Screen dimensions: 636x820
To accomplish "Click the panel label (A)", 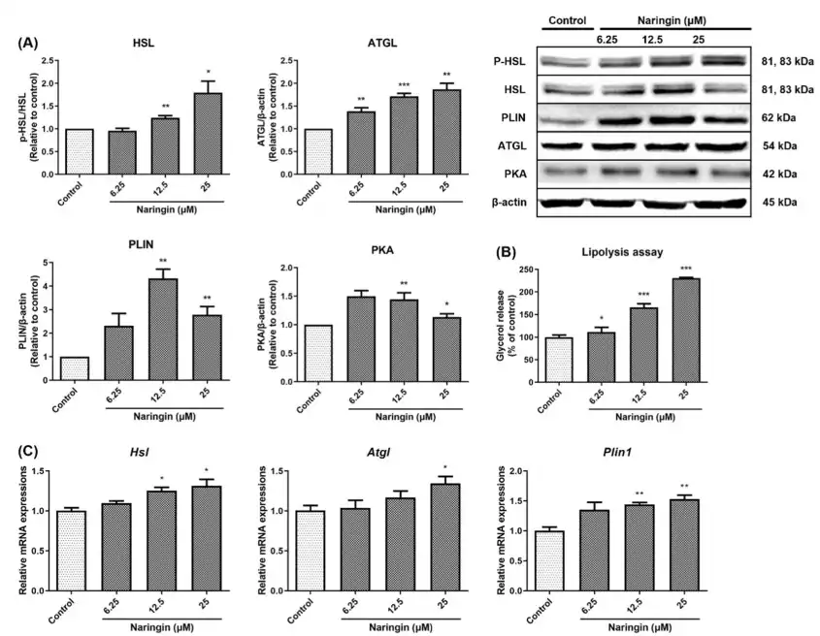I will tap(30, 45).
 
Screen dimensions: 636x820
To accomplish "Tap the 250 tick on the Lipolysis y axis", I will tap(527, 269).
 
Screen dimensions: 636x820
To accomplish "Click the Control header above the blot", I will tap(568, 19).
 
